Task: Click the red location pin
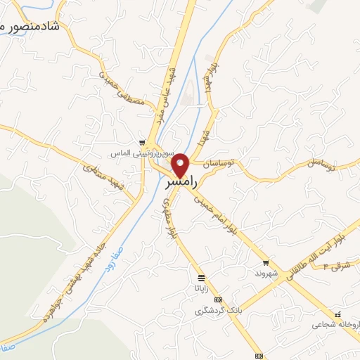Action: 181,165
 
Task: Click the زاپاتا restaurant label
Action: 201,288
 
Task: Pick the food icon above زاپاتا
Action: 202,277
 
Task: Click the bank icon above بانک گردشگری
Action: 219,300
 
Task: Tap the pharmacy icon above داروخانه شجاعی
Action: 339,314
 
